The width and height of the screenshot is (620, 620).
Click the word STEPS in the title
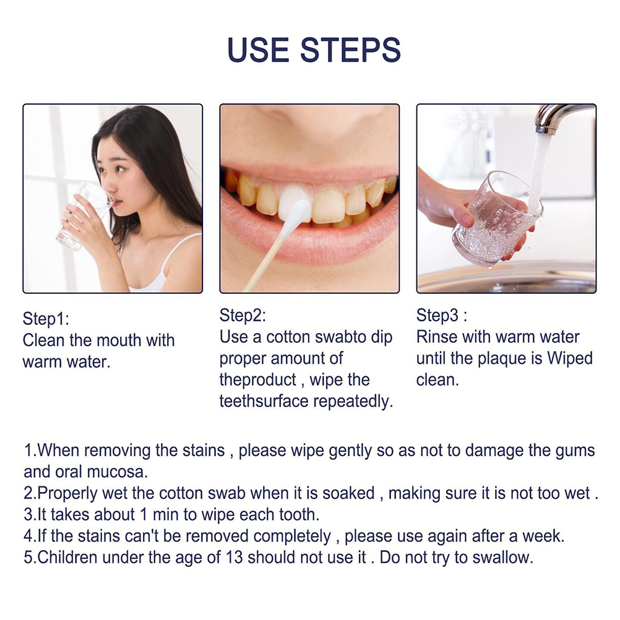click(350, 50)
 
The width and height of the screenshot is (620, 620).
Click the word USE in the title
click(258, 50)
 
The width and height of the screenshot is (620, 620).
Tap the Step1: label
click(46, 319)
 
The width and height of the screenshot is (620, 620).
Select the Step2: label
click(243, 316)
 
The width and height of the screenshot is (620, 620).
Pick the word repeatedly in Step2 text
click(353, 402)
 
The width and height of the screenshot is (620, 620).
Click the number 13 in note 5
click(234, 558)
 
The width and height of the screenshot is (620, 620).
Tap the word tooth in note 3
click(299, 515)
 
